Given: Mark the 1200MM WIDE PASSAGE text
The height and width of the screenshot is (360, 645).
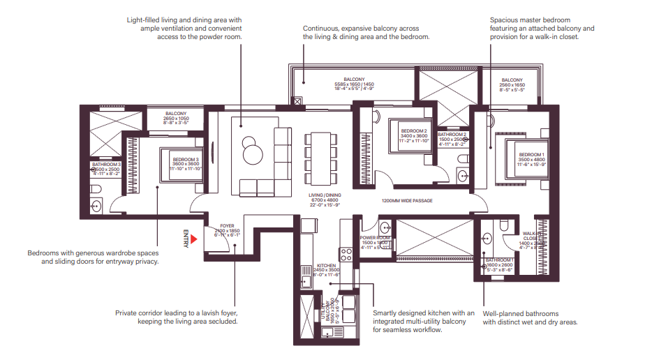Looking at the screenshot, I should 407,201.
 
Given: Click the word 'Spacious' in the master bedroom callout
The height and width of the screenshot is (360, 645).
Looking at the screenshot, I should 505,20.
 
